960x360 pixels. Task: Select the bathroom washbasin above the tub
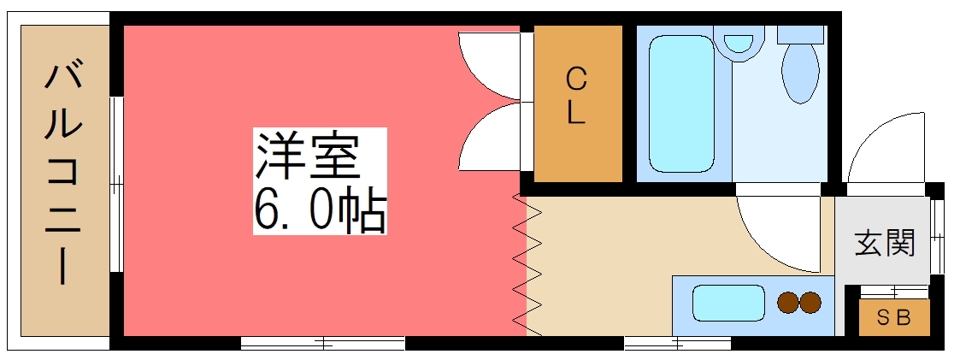pyautogui.click(x=739, y=42)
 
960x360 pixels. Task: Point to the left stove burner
pyautogui.click(x=786, y=302)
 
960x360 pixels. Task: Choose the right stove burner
pyautogui.click(x=810, y=302)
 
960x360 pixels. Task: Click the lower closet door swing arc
pyautogui.click(x=490, y=137)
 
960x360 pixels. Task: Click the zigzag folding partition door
pyautogui.click(x=527, y=265)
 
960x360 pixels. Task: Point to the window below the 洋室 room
pyautogui.click(x=322, y=344)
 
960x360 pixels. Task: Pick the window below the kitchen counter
pyautogui.click(x=677, y=344)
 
